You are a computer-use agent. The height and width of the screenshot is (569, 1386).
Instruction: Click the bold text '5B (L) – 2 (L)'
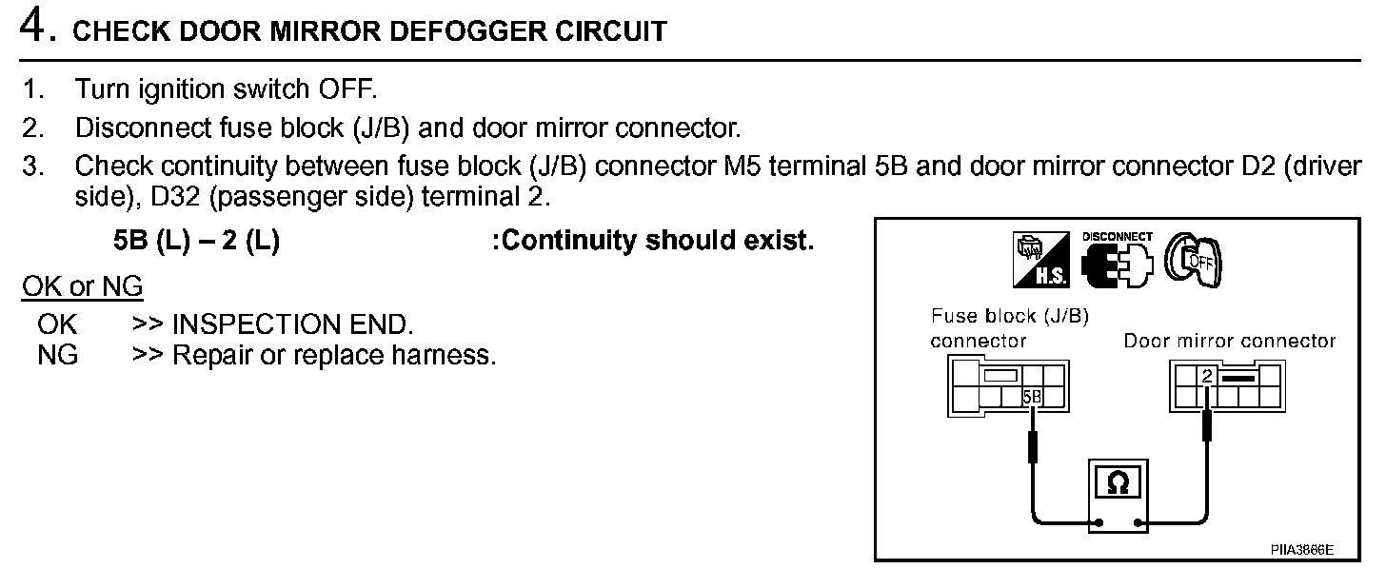(x=196, y=241)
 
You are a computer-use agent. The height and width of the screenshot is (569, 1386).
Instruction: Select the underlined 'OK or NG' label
(x=82, y=286)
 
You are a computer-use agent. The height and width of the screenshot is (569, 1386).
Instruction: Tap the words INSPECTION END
(x=292, y=324)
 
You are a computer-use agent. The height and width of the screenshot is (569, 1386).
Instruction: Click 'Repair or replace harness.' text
(x=334, y=357)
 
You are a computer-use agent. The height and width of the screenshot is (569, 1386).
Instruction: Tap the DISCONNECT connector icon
(x=1116, y=258)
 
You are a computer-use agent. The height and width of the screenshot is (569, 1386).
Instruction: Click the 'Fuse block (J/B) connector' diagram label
(x=1008, y=328)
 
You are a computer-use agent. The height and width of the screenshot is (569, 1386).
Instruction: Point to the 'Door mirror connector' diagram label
(x=1229, y=341)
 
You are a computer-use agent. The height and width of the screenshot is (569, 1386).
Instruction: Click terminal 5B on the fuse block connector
(x=1031, y=398)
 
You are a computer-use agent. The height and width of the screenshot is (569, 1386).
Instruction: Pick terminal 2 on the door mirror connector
(x=1207, y=377)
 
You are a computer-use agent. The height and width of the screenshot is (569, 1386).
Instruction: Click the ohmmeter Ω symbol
(x=1119, y=483)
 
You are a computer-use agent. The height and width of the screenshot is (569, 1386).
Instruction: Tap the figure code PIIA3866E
(x=1301, y=550)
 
